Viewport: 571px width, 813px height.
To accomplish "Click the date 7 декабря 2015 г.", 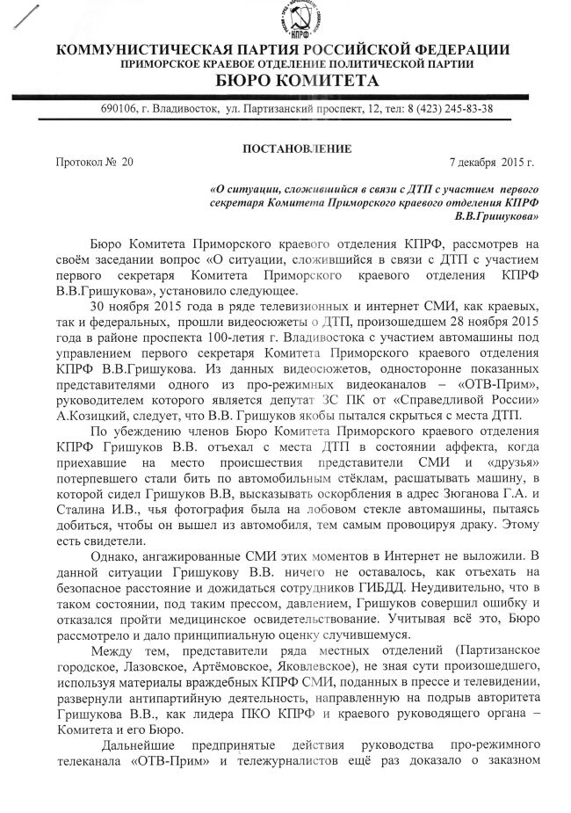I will [491, 163].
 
